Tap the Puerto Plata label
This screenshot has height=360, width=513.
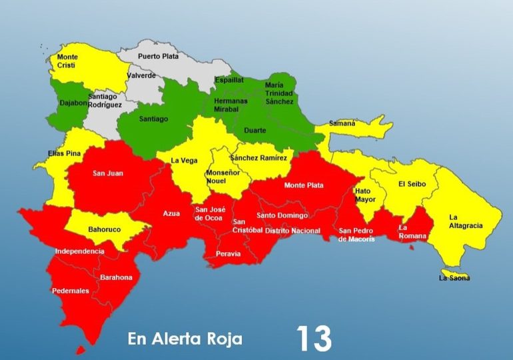[158, 57]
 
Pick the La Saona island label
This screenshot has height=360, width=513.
[454, 277]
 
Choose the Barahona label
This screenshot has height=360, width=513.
[116, 277]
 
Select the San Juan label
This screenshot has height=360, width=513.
[107, 174]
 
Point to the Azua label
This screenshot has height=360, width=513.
[171, 213]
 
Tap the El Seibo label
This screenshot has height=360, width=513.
[412, 183]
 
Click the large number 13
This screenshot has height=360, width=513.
[314, 339]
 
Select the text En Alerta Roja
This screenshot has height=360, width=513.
[185, 339]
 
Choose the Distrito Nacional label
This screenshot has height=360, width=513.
[292, 231]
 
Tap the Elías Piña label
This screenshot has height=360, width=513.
[65, 153]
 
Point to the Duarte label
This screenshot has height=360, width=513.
[256, 131]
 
